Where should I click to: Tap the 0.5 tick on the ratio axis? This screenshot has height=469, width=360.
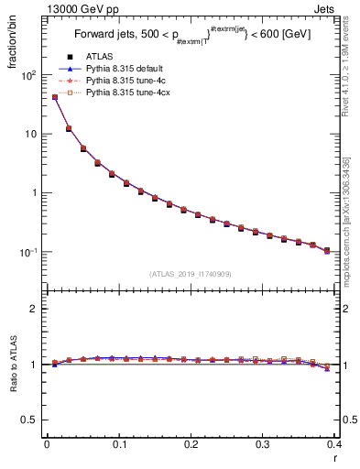click(31, 420)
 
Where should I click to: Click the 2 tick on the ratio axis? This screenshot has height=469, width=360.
click(34, 309)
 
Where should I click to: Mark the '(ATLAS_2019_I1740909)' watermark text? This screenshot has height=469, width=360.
click(190, 274)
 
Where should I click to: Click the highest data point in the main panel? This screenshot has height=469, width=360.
click(55, 97)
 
